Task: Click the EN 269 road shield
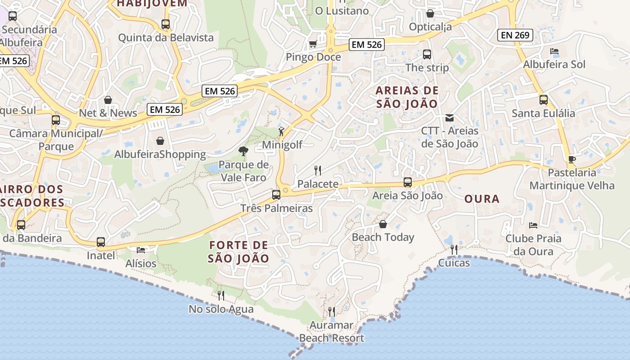tap(515, 35)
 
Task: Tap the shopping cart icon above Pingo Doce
tap(313, 44)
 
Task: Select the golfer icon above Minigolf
tap(281, 131)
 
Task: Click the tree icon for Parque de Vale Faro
tap(243, 151)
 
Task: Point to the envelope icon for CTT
tap(449, 118)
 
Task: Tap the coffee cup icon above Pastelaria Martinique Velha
tap(571, 159)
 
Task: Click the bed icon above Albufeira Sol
tap(554, 51)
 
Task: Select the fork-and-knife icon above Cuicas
tap(454, 249)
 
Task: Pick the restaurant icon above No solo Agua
tap(221, 295)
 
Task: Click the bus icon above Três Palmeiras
tap(276, 195)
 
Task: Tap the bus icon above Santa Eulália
tap(544, 100)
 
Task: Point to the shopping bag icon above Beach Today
tap(383, 224)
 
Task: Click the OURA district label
tap(481, 199)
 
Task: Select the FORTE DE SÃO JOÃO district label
tap(238, 252)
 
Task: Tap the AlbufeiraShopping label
tap(160, 155)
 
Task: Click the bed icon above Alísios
tap(141, 250)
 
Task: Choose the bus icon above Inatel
tap(101, 242)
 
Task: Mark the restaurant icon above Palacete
tap(318, 170)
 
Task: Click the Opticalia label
tap(430, 27)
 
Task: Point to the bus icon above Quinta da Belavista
tap(166, 24)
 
